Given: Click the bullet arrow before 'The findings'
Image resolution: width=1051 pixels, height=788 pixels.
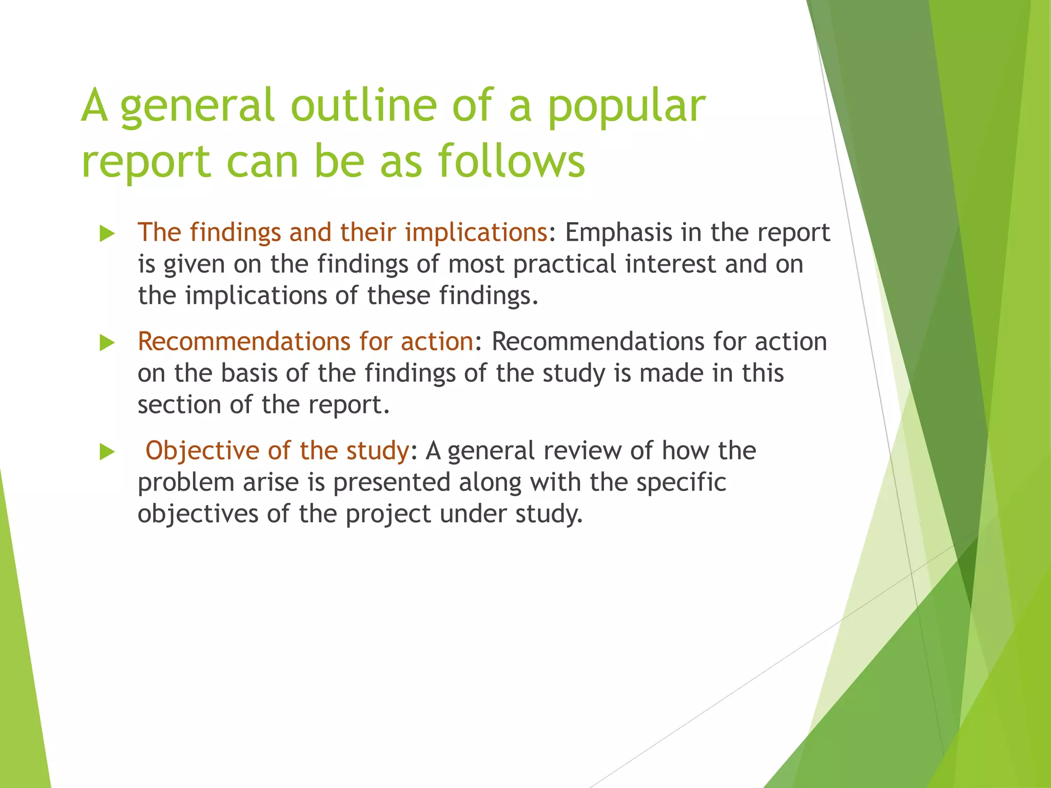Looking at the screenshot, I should (x=107, y=234).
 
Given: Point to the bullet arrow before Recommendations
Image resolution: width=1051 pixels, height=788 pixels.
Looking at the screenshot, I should (x=107, y=343).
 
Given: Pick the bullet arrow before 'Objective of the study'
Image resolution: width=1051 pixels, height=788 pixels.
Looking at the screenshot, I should (x=107, y=452).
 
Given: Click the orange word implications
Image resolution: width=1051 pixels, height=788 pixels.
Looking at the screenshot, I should (x=476, y=233).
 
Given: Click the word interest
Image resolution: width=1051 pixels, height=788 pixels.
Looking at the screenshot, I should (x=670, y=264).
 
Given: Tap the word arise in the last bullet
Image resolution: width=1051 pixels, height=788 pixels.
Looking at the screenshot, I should (x=270, y=483).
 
